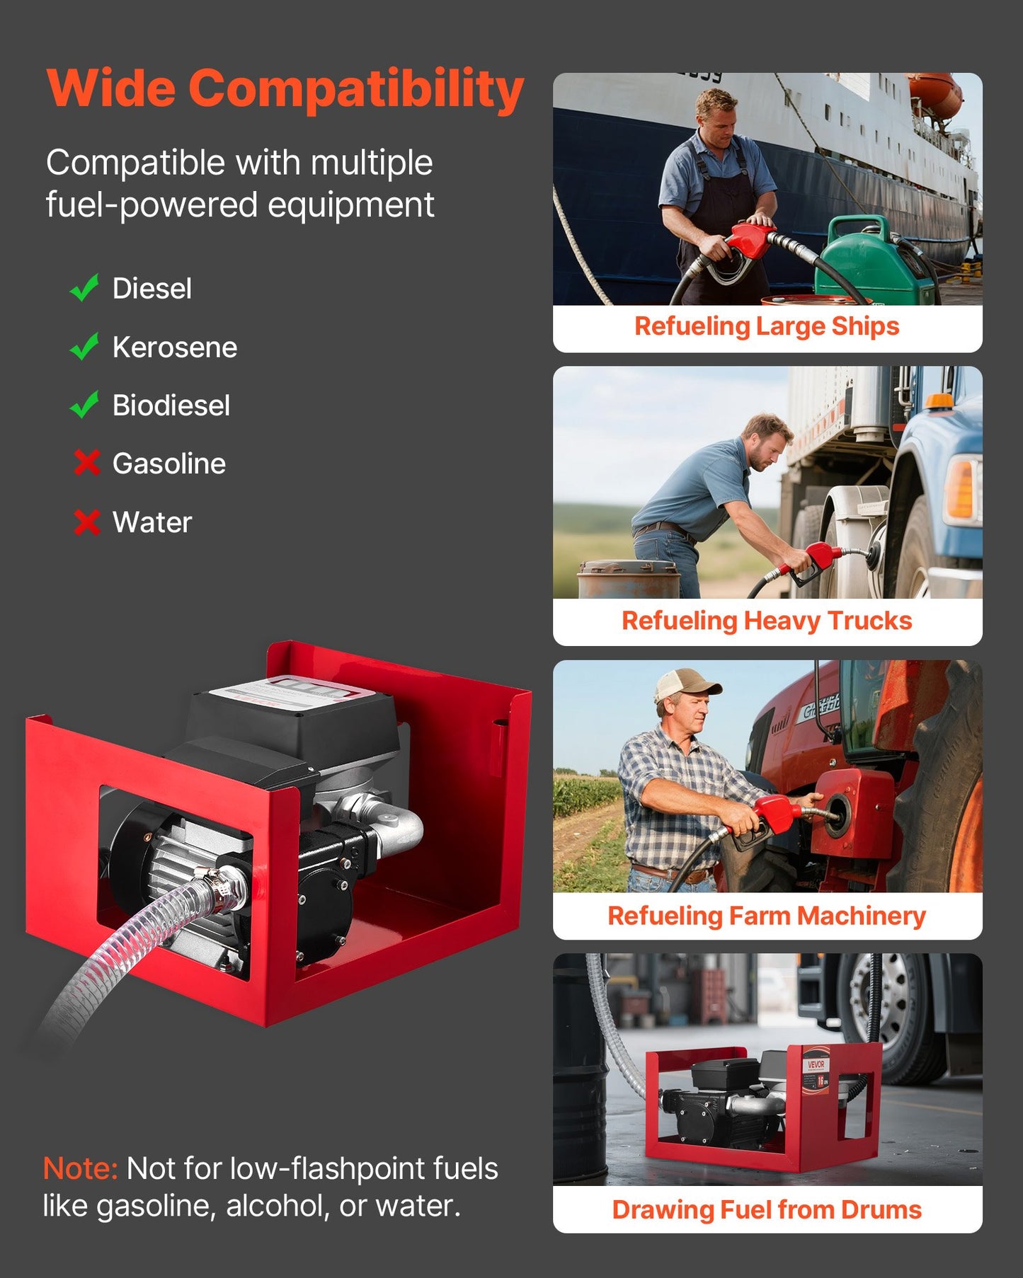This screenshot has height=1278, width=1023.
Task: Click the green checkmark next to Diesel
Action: coord(84,288)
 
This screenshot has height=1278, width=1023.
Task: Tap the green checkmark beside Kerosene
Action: coord(84,347)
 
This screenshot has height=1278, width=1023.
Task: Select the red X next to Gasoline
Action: coord(86,464)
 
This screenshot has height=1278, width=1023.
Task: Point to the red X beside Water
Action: coord(86,522)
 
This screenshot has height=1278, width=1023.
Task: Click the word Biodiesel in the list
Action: coord(171,405)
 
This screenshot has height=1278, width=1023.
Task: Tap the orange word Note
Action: coord(80,1168)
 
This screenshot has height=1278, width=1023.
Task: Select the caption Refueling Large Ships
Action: coord(767,326)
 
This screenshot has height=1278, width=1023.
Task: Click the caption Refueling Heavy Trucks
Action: coord(767,621)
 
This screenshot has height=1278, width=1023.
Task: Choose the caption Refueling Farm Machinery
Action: coord(767,916)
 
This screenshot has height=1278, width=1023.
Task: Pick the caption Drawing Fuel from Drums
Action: coord(767,1210)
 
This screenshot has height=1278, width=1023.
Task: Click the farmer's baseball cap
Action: coord(684,683)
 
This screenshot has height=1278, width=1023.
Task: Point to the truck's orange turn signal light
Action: coord(960,488)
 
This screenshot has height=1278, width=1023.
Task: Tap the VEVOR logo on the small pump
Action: coord(816,1064)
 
